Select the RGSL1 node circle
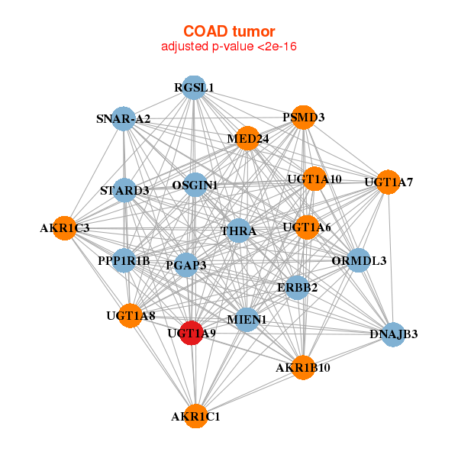pos(194,87)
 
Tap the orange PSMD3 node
pos(303,118)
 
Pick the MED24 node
pos(247,138)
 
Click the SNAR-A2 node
pos(124,119)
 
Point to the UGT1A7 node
pos(389,182)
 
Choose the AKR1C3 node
pos(65,227)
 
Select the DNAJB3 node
pos(393,334)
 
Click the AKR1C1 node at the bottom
pos(196,416)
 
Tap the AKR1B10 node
pos(303,368)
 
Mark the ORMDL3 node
pos(359,260)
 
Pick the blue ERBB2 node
pos(297,287)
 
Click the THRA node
pos(238,231)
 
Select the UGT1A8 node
pos(131,315)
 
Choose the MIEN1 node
pos(247,319)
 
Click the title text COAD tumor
pos(229,31)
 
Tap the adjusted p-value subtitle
pos(229,47)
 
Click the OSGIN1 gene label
pos(195,185)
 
